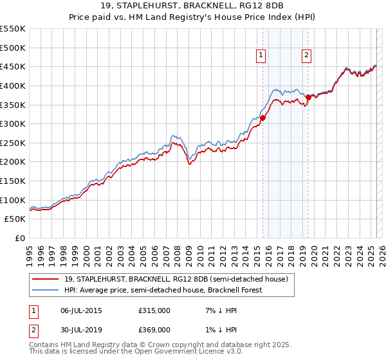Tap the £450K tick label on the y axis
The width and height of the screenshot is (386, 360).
(x=13, y=66)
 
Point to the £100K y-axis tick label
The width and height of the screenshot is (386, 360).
(x=13, y=200)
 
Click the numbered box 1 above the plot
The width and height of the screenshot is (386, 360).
(x=261, y=56)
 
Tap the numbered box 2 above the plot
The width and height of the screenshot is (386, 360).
(x=307, y=56)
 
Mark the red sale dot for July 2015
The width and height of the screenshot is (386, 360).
(x=262, y=118)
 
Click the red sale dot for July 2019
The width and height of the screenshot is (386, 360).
(x=308, y=97)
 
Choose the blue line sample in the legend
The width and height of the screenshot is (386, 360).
(x=46, y=290)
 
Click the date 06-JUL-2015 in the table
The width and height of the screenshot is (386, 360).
(x=80, y=310)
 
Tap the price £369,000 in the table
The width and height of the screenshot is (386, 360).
(x=154, y=329)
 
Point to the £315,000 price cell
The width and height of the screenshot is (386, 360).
(x=154, y=310)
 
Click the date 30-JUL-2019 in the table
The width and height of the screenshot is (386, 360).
(x=80, y=329)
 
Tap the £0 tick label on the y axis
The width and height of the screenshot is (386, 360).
(x=19, y=238)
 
